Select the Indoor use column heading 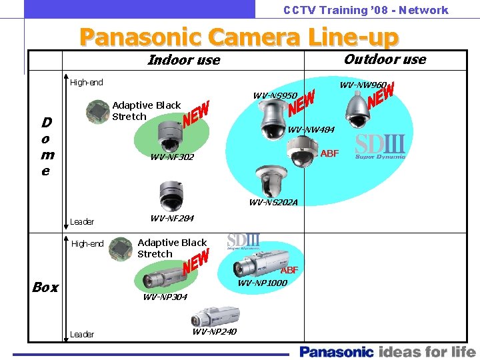pyautogui.click(x=183, y=60)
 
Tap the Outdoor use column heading pyautogui.click(x=385, y=59)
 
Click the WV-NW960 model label pyautogui.click(x=363, y=85)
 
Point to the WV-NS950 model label pyautogui.click(x=275, y=96)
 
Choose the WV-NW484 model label pyautogui.click(x=311, y=129)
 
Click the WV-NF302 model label pyautogui.click(x=172, y=157)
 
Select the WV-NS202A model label pyautogui.click(x=273, y=202)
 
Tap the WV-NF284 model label pyautogui.click(x=172, y=218)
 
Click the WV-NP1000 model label pyautogui.click(x=263, y=283)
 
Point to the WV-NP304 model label pyautogui.click(x=165, y=297)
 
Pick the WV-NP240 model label pyautogui.click(x=214, y=331)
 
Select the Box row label pyautogui.click(x=45, y=287)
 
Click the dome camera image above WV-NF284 pyautogui.click(x=171, y=195)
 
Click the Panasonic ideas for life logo pyautogui.click(x=387, y=351)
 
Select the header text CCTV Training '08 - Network pyautogui.click(x=365, y=10)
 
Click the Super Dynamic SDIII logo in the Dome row pyautogui.click(x=380, y=147)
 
